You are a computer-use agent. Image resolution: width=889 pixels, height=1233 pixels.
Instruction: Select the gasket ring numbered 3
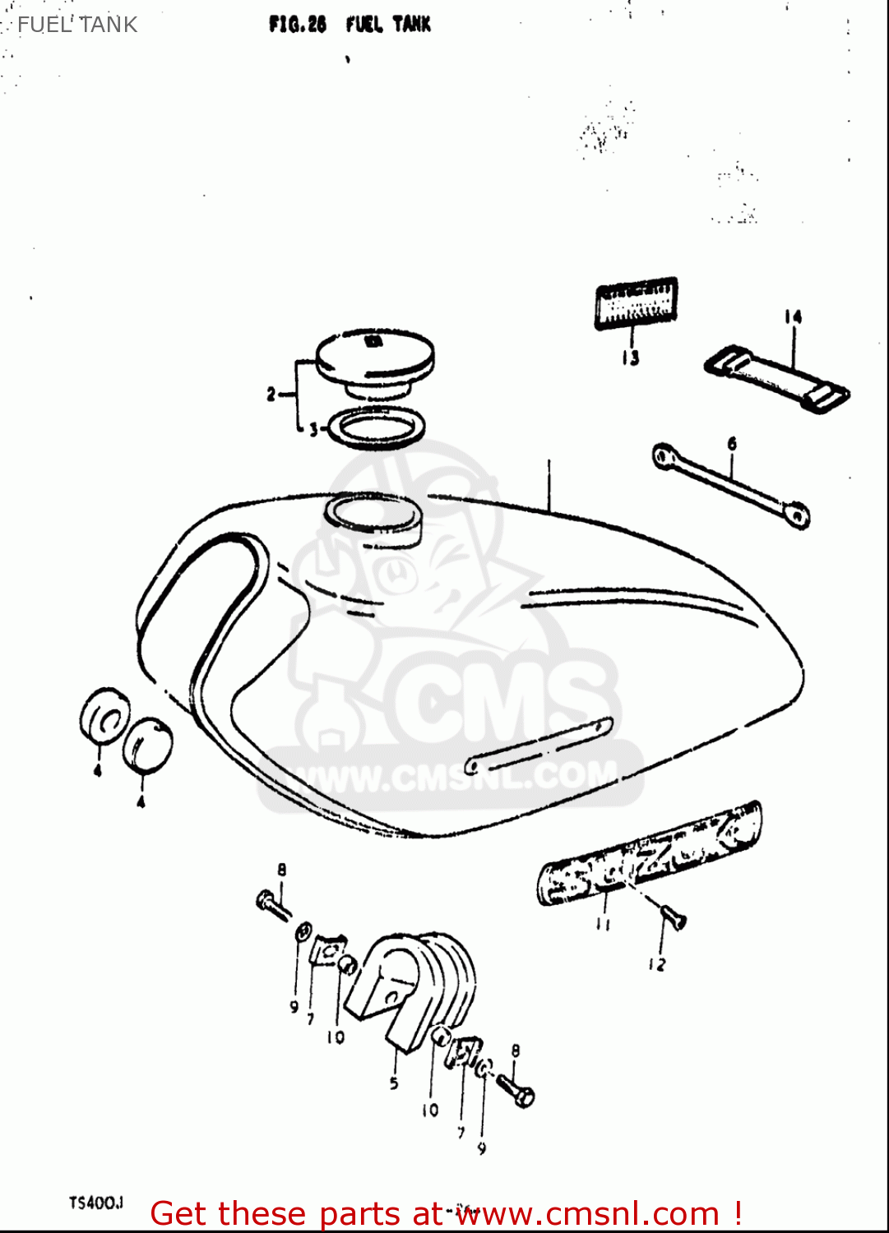[x=377, y=429]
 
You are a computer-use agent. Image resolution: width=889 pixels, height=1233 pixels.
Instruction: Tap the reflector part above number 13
[x=637, y=303]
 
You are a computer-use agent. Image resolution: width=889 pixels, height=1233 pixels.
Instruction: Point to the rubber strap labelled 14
[x=777, y=378]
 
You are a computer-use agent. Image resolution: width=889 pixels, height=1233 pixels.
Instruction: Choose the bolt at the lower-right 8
[x=516, y=1091]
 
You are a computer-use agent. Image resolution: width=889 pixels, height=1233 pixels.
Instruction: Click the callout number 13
[x=630, y=358]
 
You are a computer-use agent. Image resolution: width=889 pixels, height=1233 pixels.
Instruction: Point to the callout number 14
[x=792, y=317]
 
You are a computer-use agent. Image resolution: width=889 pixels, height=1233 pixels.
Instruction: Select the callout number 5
[x=394, y=1083]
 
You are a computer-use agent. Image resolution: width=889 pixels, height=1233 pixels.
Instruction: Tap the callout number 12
[x=656, y=964]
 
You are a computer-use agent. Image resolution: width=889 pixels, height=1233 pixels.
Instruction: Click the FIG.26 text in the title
[x=297, y=25]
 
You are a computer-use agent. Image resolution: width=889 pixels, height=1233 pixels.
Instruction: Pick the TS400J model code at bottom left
[x=95, y=1203]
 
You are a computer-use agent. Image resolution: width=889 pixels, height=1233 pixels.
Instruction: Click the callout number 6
[x=732, y=444]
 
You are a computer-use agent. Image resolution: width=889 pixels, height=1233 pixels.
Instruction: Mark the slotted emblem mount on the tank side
[x=539, y=745]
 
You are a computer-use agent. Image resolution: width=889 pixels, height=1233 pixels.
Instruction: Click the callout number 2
[x=271, y=395]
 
